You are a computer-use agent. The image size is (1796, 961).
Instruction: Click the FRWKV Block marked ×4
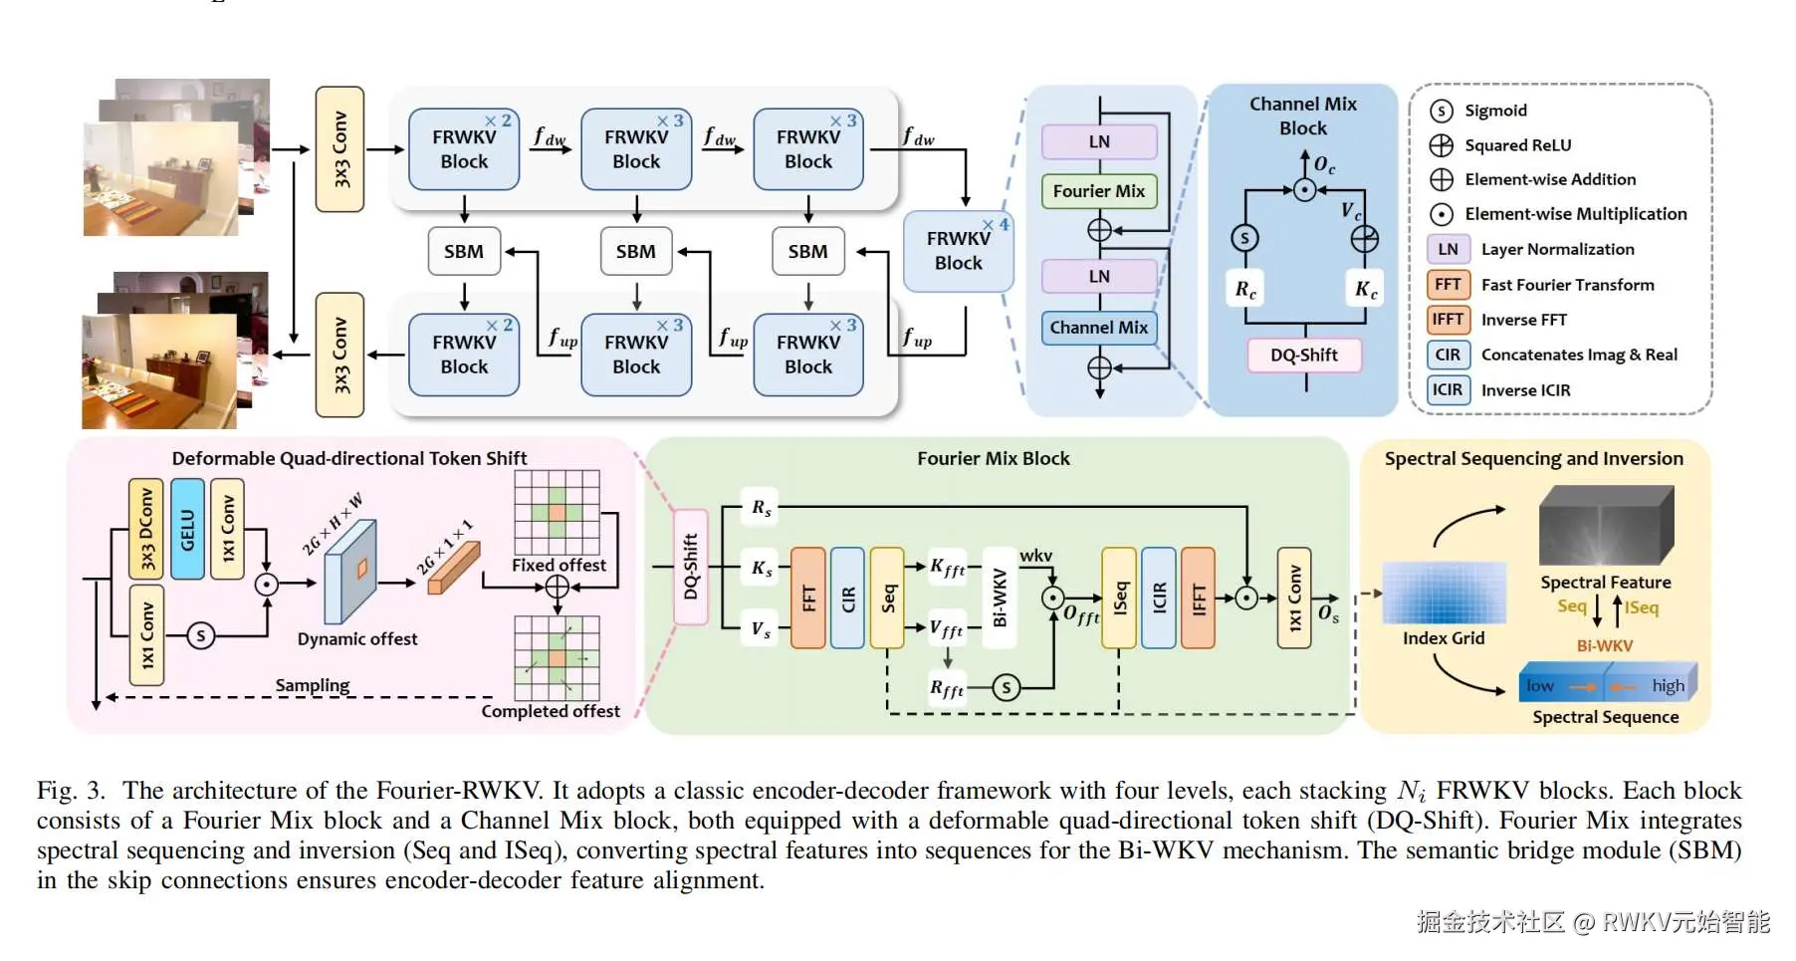958,251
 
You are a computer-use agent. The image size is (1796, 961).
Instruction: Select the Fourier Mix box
1098,191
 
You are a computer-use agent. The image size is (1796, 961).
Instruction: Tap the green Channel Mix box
1098,328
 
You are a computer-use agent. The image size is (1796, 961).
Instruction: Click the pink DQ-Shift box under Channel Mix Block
1303,356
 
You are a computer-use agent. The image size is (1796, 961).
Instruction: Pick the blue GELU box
187,529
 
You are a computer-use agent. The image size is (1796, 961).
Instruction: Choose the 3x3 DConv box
146,529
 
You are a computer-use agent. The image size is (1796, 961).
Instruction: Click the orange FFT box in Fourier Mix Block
807,598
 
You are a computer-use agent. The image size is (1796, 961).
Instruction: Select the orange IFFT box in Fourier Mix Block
1198,598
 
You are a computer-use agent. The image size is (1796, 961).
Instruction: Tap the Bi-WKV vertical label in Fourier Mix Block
1000,598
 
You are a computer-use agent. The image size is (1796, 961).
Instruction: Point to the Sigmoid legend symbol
1441,111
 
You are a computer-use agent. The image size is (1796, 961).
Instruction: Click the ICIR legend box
1448,389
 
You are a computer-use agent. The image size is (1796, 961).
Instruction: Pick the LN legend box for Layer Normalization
1448,249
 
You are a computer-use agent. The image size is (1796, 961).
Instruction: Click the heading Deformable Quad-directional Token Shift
349,458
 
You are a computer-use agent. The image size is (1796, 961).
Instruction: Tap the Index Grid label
1443,638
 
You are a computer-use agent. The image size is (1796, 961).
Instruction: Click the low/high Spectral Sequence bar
1607,684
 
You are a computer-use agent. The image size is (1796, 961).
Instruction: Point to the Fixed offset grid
557,513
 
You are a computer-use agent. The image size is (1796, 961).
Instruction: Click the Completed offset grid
557,658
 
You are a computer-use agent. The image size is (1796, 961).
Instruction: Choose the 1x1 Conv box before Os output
1294,598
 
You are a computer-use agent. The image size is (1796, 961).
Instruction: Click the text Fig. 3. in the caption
71,791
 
